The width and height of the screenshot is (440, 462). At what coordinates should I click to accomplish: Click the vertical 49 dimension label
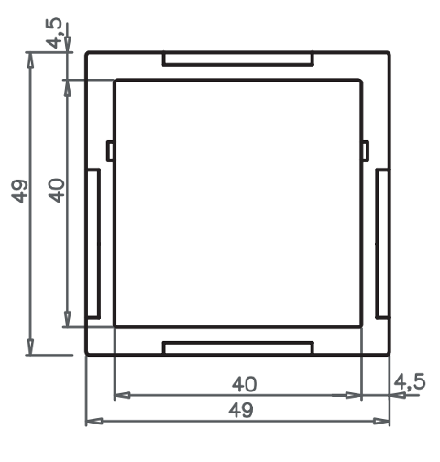[20, 192]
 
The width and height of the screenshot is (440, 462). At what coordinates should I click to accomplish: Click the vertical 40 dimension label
[57, 191]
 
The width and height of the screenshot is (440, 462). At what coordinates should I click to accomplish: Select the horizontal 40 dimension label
[244, 384]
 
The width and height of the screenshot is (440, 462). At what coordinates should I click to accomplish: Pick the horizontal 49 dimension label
[241, 410]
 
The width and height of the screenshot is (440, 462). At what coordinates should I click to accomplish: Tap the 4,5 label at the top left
[54, 33]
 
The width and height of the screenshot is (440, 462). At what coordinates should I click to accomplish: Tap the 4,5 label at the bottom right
[410, 382]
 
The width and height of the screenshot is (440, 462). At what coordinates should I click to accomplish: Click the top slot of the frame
[238, 59]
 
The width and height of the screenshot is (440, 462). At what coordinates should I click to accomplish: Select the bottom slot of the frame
[238, 348]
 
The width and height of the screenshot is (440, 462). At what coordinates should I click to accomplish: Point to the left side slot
[93, 244]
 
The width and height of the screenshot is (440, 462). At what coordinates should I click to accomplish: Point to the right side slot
[382, 244]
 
